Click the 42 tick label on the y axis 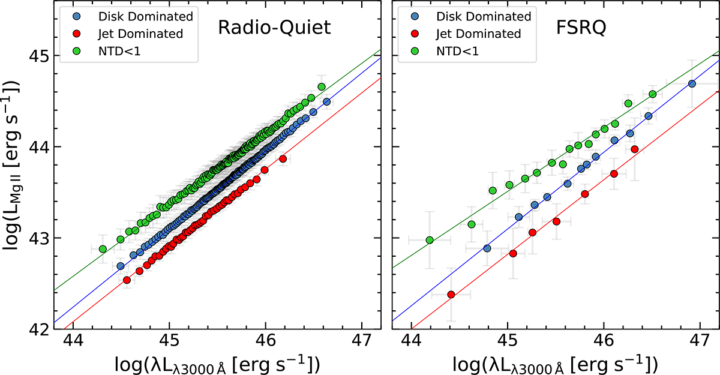point(36,329)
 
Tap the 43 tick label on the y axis point(36,238)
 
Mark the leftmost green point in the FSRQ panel point(430,240)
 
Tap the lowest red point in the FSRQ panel point(451,295)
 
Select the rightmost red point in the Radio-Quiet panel point(283,158)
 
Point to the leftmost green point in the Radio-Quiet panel point(103,249)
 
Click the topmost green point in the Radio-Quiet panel point(322,87)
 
